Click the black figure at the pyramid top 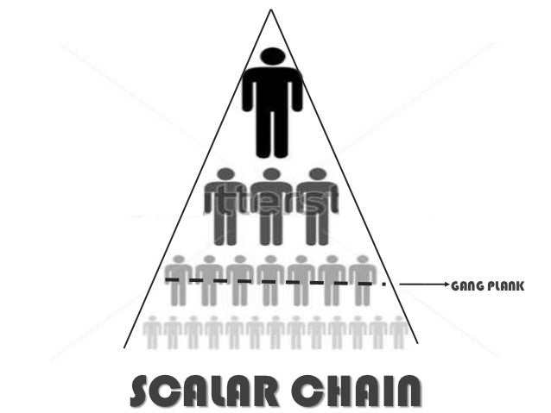(272, 103)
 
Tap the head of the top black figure (272, 57)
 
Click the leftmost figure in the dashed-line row (179, 280)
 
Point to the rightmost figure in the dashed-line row (363, 280)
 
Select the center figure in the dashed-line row (270, 280)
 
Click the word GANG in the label (465, 284)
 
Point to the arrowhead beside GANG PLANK (445, 283)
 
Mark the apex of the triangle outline (271, 9)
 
